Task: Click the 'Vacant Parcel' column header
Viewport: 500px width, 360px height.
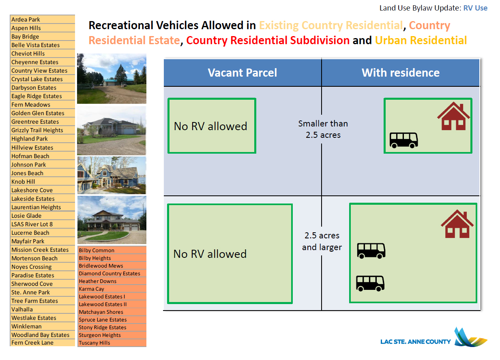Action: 242,73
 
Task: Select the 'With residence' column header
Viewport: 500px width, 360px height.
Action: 400,73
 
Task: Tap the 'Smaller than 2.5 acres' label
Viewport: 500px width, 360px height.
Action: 323,129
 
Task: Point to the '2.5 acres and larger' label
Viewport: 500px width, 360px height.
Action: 322,241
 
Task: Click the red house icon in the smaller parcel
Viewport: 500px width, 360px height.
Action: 453,116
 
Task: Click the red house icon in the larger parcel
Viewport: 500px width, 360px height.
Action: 457,224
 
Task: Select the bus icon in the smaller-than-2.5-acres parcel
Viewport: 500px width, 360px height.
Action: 403,140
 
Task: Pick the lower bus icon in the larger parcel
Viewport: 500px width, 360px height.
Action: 370,283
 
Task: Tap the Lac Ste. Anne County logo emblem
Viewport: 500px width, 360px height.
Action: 470,337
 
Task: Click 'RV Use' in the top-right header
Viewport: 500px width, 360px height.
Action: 475,8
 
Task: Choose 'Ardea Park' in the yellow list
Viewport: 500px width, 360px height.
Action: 26,19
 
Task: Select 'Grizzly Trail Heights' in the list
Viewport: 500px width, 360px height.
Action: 37,130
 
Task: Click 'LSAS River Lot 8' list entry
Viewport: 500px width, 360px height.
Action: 32,224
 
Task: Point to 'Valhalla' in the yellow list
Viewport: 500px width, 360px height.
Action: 22,309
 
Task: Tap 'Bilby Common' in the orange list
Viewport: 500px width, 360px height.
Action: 97,251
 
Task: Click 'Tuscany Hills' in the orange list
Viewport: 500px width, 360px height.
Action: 94,343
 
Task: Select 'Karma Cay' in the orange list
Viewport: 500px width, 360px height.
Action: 91,289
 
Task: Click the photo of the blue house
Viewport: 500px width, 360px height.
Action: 112,175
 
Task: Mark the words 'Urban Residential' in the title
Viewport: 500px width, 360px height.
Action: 421,41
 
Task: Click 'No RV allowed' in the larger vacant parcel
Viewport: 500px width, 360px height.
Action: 210,254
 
